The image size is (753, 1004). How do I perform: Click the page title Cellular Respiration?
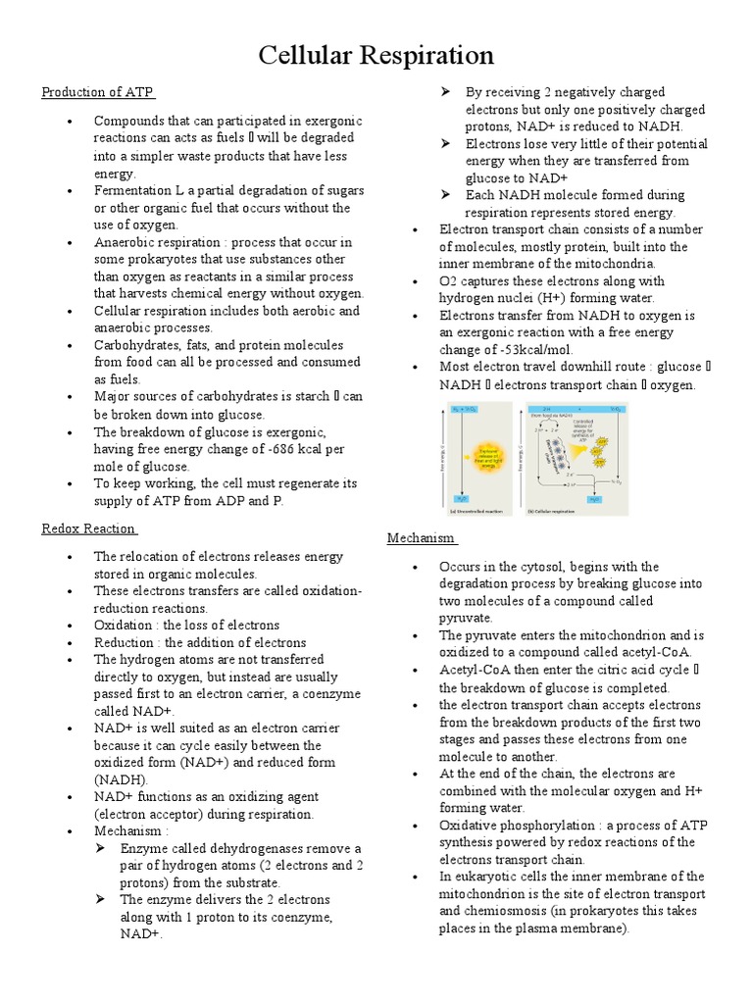[x=376, y=55]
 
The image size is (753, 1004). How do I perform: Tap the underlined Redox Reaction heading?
[x=88, y=528]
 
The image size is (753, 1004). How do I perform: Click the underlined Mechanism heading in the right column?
[x=421, y=537]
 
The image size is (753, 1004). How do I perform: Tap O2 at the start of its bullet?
[x=449, y=281]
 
